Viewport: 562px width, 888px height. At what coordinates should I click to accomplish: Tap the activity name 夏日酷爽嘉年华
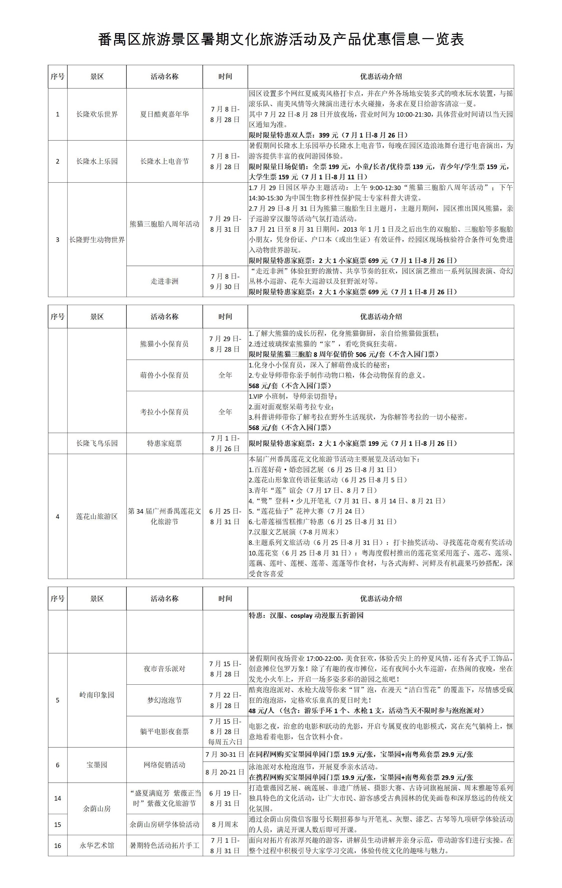(165, 114)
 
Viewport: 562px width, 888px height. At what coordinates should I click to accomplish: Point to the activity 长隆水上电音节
(165, 162)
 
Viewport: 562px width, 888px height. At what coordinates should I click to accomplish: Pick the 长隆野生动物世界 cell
(97, 240)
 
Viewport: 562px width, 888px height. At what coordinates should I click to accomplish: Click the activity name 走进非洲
(165, 281)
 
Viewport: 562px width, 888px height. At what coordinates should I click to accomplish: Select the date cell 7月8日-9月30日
(225, 281)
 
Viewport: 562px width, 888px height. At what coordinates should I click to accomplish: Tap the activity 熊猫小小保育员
(165, 344)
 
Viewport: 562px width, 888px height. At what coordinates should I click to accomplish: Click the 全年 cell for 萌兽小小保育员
(225, 375)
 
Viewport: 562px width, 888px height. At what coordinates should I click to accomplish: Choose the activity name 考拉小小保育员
(165, 412)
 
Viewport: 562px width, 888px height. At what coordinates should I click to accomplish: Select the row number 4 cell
(57, 517)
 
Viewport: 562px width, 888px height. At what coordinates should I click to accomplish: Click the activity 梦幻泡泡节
(165, 700)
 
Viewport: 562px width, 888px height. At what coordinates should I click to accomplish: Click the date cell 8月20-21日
(225, 772)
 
